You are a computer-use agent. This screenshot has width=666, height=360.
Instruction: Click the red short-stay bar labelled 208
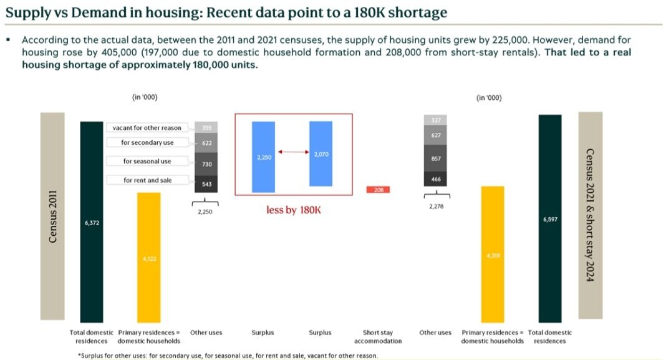[x=378, y=190]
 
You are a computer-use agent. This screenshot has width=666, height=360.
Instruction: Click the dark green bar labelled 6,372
[x=91, y=221]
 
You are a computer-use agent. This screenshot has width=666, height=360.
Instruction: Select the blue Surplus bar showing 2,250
[x=263, y=157]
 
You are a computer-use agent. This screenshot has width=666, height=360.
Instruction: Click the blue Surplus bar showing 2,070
[x=321, y=153]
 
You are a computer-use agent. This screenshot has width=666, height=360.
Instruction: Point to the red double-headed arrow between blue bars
[x=292, y=152]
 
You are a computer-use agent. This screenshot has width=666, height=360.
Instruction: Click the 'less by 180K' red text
[x=293, y=210]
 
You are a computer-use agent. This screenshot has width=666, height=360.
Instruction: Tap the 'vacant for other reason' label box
[x=147, y=128]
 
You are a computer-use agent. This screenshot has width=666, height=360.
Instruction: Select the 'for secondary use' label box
[x=147, y=143]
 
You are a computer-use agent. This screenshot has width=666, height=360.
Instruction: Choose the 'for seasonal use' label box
[x=147, y=162]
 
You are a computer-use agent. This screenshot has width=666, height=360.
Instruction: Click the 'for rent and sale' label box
[x=147, y=180]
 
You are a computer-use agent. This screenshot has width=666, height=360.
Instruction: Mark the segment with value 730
[x=206, y=164]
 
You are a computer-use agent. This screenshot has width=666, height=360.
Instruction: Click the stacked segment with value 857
[x=436, y=158]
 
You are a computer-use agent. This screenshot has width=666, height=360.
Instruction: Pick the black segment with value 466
[x=436, y=179]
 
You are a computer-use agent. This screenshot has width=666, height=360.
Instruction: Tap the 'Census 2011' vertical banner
[x=53, y=216]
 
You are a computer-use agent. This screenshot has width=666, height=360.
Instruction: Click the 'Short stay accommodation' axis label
[x=378, y=337]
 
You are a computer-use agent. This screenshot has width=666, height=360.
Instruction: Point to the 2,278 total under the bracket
[x=436, y=207]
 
